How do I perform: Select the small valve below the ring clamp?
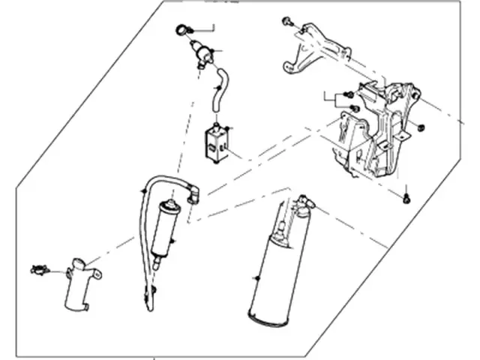click(200, 55)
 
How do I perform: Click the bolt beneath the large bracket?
click(406, 198)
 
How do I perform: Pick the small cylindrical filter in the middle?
click(162, 229)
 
